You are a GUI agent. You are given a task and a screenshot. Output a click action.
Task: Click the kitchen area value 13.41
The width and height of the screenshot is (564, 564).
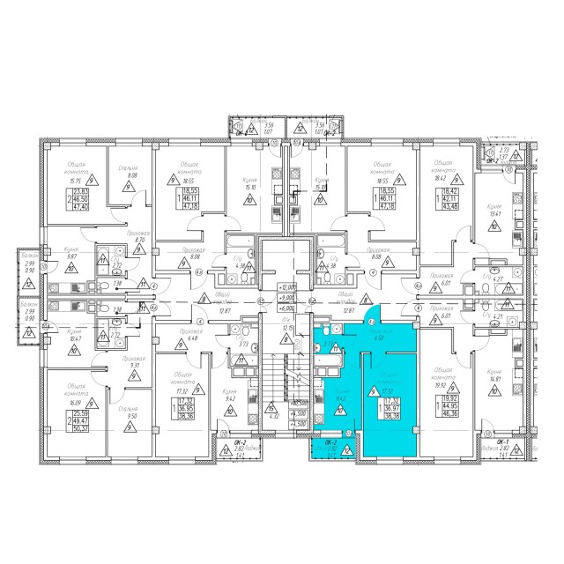coord(500,211)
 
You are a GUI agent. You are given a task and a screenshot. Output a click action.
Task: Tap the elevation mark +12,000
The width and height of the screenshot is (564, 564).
coord(285,288)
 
